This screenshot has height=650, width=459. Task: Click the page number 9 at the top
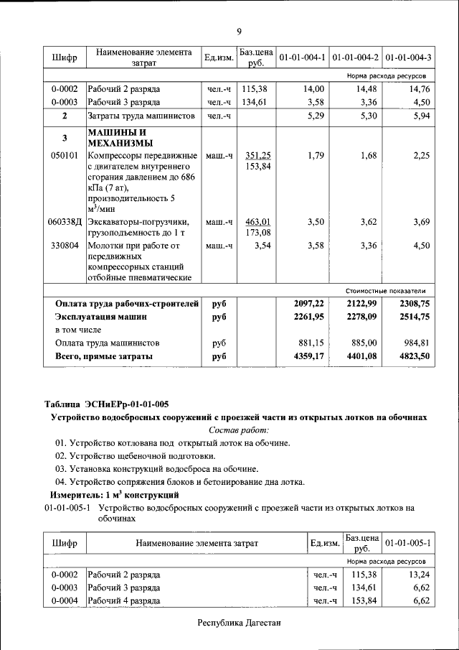pyautogui.click(x=239, y=30)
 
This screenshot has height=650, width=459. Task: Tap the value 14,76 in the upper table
pyautogui.click(x=417, y=88)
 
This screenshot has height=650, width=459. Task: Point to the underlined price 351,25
pyautogui.click(x=256, y=156)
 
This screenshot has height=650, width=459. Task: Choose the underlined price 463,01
pyautogui.click(x=256, y=222)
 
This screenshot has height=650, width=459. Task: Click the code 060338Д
pyautogui.click(x=65, y=222)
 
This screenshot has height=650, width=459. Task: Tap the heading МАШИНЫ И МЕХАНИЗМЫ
pyautogui.click(x=119, y=137)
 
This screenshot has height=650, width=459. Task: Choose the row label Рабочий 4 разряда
pyautogui.click(x=124, y=600)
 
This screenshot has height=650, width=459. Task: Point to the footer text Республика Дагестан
pyautogui.click(x=239, y=623)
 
